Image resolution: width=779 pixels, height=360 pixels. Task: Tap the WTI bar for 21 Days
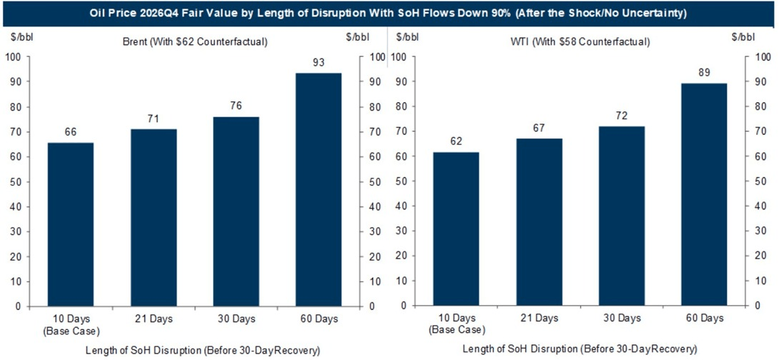[x=539, y=222]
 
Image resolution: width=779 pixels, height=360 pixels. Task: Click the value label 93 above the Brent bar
[x=319, y=63]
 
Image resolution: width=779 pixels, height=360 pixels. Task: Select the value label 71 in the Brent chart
[x=153, y=119]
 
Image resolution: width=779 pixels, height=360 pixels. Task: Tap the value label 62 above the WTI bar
[x=456, y=141]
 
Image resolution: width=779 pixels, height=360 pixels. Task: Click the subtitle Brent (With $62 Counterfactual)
[x=195, y=42]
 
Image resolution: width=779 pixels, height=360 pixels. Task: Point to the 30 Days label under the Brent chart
[x=236, y=318]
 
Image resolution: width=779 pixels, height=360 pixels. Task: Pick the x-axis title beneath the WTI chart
[x=580, y=349]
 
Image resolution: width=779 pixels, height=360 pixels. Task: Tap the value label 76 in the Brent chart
[x=236, y=106]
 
